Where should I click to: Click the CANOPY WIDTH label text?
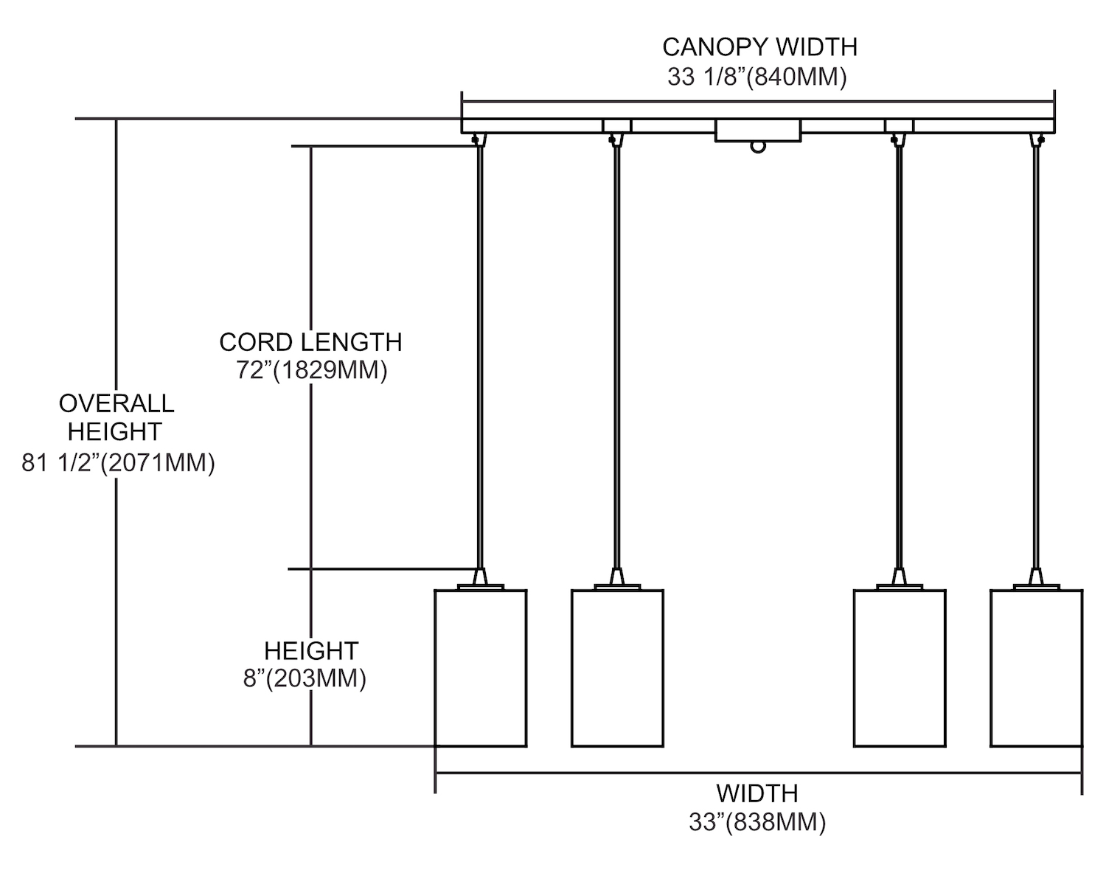coord(759,47)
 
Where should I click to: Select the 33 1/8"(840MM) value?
coord(757,77)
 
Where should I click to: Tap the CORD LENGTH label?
coord(310,342)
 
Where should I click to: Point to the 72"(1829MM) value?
coord(311,370)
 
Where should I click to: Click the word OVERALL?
coord(116,403)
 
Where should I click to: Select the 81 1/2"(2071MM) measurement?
coord(118,463)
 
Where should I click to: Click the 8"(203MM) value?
coord(305,678)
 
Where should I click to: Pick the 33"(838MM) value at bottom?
coord(757,822)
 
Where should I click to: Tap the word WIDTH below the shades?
coord(757,794)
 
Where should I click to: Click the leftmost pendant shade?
coord(481,668)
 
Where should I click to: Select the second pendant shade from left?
coord(617,668)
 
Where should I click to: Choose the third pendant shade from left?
coord(900,668)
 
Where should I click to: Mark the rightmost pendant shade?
coord(1036,668)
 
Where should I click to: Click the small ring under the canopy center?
coord(758,147)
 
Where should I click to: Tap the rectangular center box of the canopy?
coord(758,131)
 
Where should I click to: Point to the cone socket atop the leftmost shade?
coord(481,577)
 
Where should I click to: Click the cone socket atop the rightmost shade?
coord(1036,577)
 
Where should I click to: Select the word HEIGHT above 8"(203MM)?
coord(311,651)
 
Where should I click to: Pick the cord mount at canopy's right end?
coord(1037,139)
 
